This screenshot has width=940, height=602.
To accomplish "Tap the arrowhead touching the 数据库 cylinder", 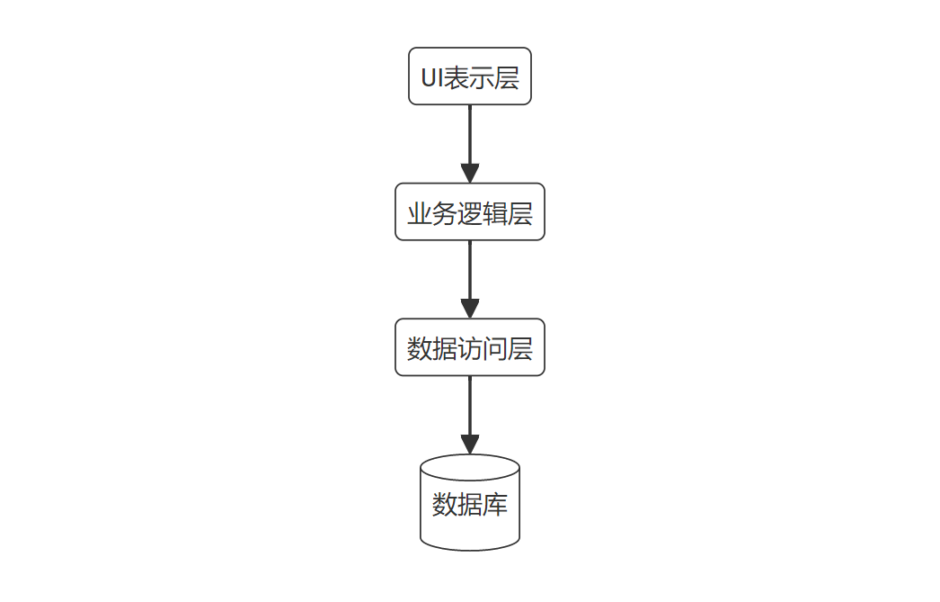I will tap(470, 444).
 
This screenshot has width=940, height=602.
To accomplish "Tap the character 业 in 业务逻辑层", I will tap(420, 213).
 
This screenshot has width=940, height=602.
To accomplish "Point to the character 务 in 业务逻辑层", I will tap(445, 213).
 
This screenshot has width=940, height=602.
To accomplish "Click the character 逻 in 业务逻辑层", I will tap(470, 213).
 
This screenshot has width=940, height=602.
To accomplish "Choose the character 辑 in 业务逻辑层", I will tap(495, 213).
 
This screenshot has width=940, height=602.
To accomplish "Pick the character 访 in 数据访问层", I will tap(470, 348).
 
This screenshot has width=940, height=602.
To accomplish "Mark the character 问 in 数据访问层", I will tap(495, 348).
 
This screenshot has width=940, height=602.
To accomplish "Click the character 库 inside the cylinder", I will tap(495, 505).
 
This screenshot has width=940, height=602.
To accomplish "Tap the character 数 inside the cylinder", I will tap(445, 505).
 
